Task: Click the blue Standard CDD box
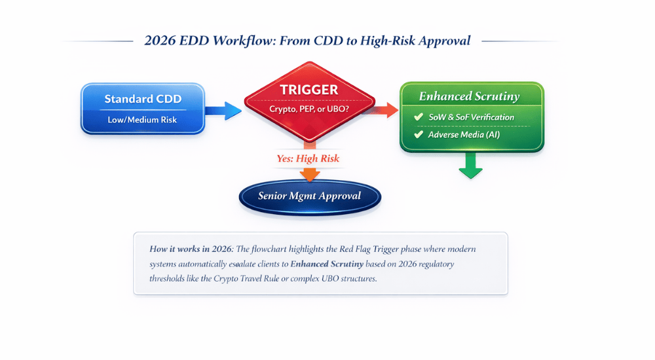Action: pos(142,109)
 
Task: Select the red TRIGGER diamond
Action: pos(309,98)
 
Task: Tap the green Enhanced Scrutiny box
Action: pos(472,117)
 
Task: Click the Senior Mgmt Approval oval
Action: pos(309,196)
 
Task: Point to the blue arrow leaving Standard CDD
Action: pos(223,110)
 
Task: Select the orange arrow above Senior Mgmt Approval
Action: pos(309,173)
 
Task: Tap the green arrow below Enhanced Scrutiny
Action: pos(470,167)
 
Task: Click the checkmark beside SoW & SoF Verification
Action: pos(418,117)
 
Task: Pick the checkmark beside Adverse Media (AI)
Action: pos(418,134)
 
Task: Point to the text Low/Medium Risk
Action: pos(142,120)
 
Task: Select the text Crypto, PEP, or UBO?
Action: pos(309,109)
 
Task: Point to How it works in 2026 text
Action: pos(190,249)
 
